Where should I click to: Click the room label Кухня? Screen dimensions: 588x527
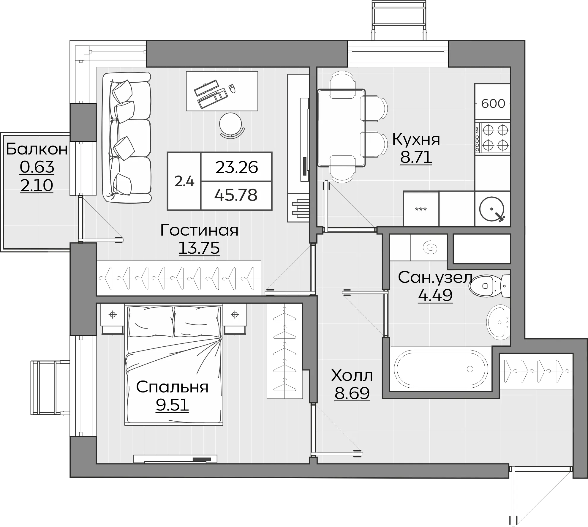point(416,139)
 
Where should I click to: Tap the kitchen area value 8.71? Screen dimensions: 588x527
point(416,157)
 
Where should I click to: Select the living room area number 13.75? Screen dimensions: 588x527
point(199,248)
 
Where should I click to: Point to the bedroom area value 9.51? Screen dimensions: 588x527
point(172,405)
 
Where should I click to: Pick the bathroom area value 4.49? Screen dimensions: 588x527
point(435,295)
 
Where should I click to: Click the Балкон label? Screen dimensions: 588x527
point(37,149)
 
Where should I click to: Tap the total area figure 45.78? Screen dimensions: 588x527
point(236,195)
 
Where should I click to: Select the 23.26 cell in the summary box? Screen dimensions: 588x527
point(237,167)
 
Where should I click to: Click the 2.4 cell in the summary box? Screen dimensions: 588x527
point(184,181)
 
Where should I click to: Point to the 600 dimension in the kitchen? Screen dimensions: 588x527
point(493,104)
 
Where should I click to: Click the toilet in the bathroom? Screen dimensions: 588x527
point(490,286)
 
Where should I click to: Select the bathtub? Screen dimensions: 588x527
point(441,369)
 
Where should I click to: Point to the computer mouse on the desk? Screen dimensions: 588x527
point(232,89)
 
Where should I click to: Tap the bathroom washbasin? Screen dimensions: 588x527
point(498,322)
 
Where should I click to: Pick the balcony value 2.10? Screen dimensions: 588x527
point(37,186)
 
